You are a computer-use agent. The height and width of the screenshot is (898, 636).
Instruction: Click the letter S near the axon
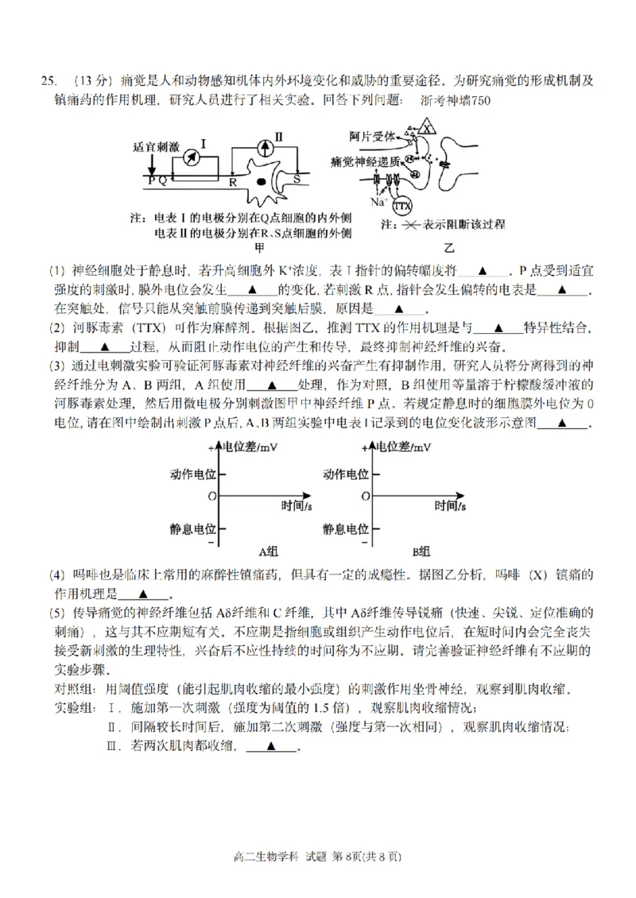297,180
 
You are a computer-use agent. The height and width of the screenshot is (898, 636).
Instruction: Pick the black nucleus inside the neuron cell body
262,182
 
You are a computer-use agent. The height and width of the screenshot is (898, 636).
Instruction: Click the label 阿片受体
373,137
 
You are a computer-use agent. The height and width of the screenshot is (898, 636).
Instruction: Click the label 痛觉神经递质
366,161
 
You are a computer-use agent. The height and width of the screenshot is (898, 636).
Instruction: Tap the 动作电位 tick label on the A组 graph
192,474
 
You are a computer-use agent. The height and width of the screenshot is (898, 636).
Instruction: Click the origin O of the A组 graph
211,496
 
